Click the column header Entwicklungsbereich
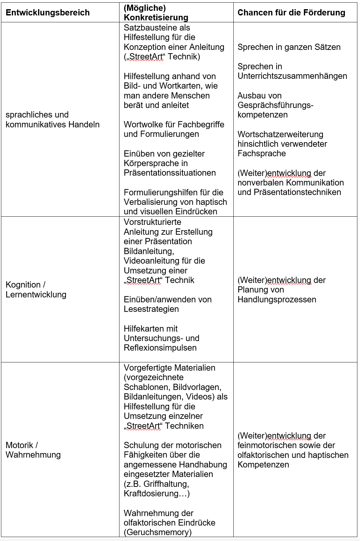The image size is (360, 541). point(48,13)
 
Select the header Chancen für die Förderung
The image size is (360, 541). point(291,13)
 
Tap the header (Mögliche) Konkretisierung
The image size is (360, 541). point(156,13)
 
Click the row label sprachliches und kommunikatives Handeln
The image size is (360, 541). point(53,119)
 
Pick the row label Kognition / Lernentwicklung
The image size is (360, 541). point(36,290)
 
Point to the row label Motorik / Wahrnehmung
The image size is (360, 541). point(33,450)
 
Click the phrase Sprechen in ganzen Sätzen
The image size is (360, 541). point(289,47)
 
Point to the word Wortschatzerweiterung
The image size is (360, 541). point(280,135)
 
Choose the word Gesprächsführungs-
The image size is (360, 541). point(275,105)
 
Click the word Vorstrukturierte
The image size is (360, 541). point(153,222)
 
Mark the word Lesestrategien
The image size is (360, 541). point(151,309)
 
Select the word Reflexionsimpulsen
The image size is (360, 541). point(160,348)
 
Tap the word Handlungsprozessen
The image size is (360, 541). point(277,300)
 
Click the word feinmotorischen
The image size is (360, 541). point(267,445)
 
